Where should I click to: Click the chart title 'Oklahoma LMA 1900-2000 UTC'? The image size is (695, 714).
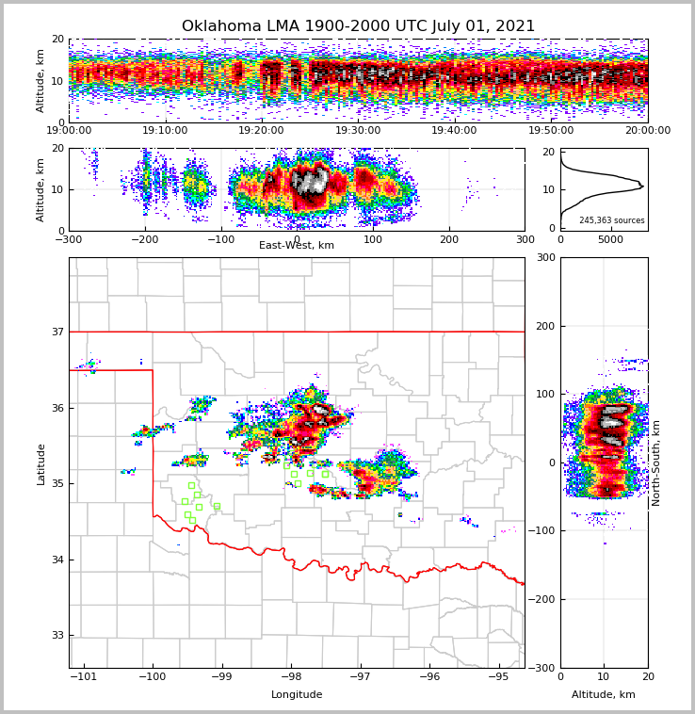click(x=358, y=26)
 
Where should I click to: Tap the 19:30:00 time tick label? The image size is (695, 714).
click(x=358, y=131)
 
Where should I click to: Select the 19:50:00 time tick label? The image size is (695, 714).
click(x=551, y=131)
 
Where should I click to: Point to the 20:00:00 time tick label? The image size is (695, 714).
click(x=647, y=131)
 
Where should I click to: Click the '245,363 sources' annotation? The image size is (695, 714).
click(x=611, y=220)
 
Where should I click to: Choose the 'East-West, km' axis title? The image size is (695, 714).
click(x=297, y=246)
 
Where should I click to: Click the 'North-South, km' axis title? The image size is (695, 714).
click(x=656, y=462)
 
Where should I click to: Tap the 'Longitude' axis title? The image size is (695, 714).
click(x=297, y=695)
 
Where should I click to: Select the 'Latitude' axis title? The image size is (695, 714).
click(x=41, y=463)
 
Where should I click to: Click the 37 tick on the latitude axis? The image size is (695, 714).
click(x=57, y=332)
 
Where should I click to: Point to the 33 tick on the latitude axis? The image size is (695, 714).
click(x=57, y=635)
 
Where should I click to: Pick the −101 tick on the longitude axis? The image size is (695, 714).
click(x=84, y=676)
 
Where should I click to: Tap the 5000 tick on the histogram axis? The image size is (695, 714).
click(x=611, y=239)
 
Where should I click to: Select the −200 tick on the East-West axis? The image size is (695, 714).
click(x=144, y=239)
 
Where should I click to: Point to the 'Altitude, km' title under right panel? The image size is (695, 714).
click(x=604, y=695)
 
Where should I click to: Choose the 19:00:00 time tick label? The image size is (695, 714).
click(x=69, y=131)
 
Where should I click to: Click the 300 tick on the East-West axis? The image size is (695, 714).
click(x=525, y=239)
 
